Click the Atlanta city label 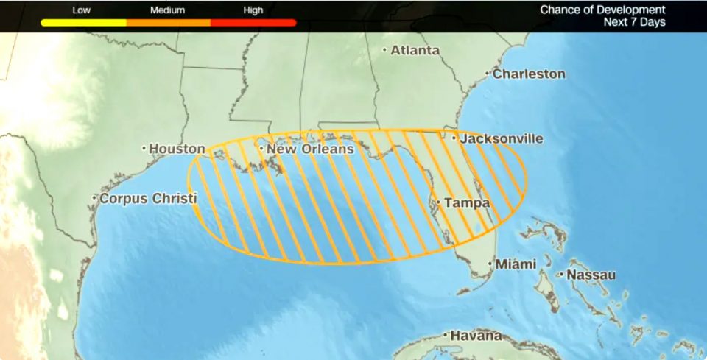415,51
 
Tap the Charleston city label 529,74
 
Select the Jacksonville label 502,138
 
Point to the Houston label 177,149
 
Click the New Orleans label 309,149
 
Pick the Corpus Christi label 148,199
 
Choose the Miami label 515,264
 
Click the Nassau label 591,275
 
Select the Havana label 476,336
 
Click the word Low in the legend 82,10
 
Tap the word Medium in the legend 168,10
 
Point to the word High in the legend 253,10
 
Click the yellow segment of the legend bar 83,23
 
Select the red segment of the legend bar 253,23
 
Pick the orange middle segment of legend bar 168,23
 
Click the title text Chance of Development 602,10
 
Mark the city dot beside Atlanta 384,51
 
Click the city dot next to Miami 490,264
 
